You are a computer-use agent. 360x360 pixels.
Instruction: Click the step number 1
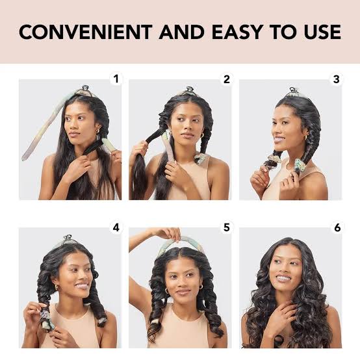(x=117, y=79)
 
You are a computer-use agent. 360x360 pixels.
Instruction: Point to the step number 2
(x=227, y=79)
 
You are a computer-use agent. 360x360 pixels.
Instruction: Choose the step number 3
(x=336, y=79)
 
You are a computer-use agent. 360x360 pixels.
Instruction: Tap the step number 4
(x=116, y=227)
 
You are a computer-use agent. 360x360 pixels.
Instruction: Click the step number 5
(x=227, y=227)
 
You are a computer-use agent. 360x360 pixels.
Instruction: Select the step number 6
(x=337, y=227)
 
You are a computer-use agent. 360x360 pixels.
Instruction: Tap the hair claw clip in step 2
(x=189, y=89)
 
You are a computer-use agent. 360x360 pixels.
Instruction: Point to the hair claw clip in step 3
(x=297, y=91)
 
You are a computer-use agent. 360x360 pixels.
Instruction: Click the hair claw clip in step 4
(x=68, y=240)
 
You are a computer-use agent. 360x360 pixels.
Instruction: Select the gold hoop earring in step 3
(x=305, y=138)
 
